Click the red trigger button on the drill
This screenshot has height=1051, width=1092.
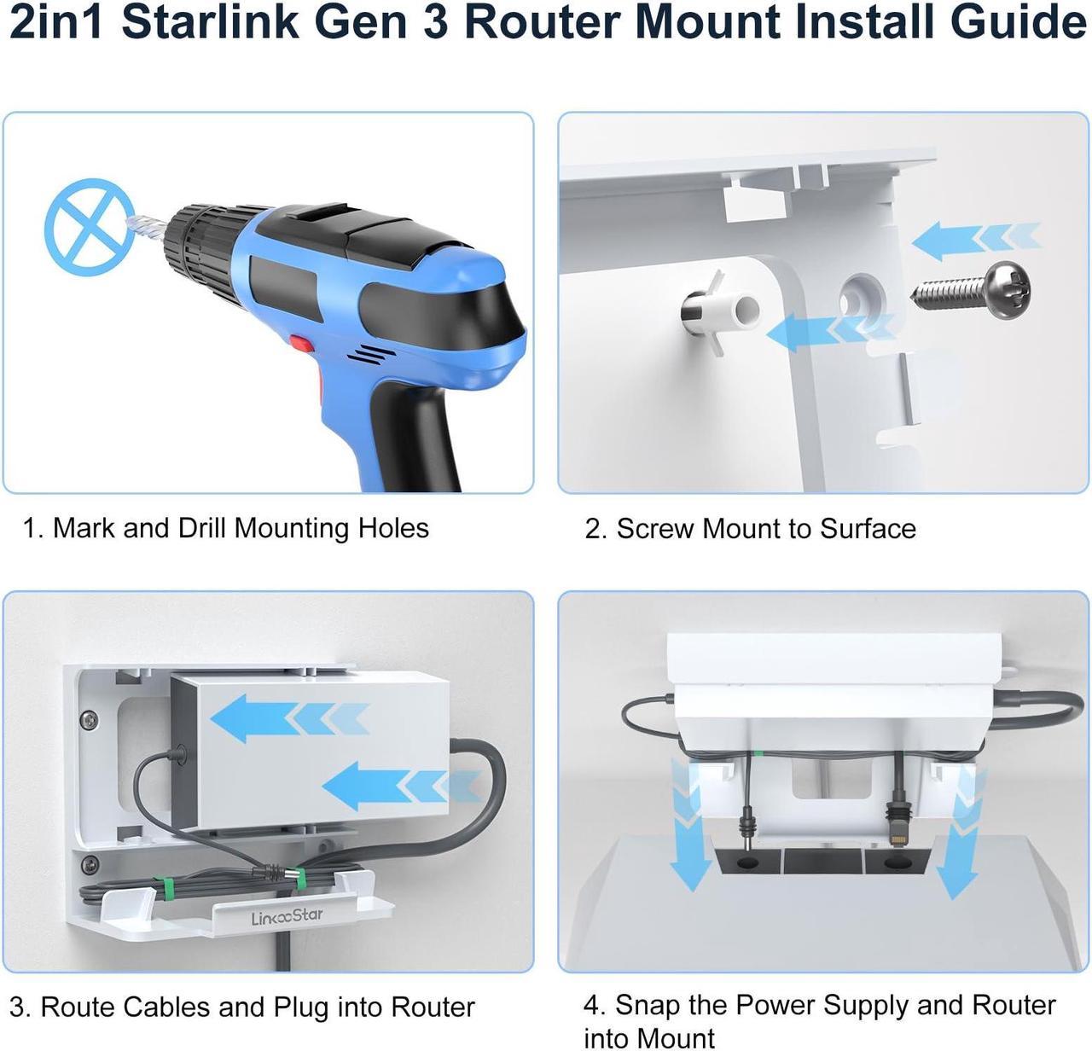click(x=300, y=345)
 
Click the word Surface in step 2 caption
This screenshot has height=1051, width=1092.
click(x=867, y=529)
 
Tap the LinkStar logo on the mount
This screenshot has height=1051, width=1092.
click(x=287, y=917)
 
